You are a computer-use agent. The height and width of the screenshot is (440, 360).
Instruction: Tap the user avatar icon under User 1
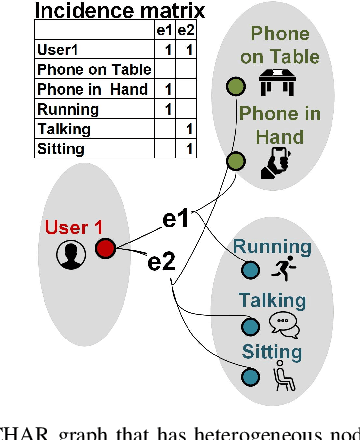(x=69, y=256)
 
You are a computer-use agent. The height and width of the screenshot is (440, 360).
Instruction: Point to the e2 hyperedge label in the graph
(x=162, y=263)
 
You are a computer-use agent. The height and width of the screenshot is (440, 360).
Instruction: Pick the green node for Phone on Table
(x=236, y=85)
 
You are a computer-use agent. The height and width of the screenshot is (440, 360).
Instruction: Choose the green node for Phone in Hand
(x=236, y=161)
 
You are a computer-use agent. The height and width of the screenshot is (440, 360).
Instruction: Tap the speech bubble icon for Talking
(x=280, y=323)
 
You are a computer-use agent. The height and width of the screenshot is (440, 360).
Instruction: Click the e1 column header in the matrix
(x=167, y=31)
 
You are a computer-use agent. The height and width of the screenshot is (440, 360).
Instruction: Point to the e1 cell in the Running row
(x=167, y=109)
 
